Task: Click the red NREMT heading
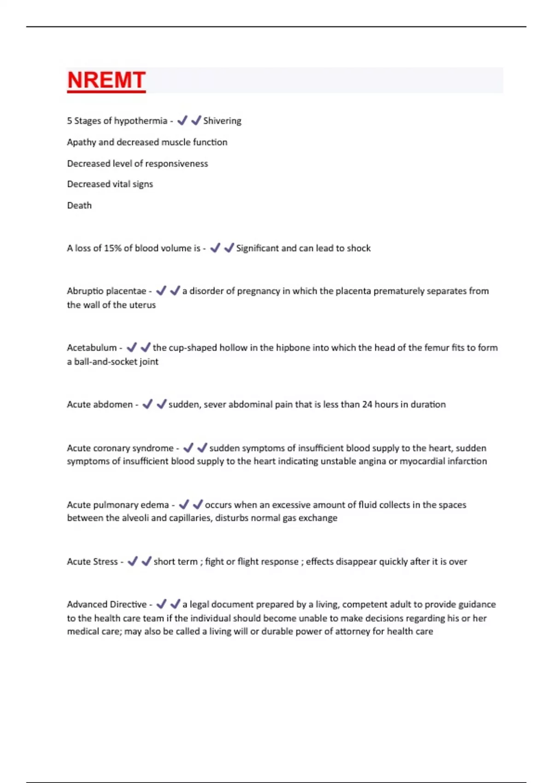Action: pyautogui.click(x=106, y=80)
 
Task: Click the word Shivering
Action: pyautogui.click(x=222, y=121)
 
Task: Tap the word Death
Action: pyautogui.click(x=79, y=205)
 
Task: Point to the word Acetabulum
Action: pyautogui.click(x=92, y=348)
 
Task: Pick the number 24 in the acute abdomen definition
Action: pyautogui.click(x=367, y=404)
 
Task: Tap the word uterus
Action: pyautogui.click(x=142, y=305)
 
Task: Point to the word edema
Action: pyautogui.click(x=155, y=505)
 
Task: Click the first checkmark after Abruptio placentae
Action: pyautogui.click(x=161, y=291)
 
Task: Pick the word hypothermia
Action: pyautogui.click(x=141, y=121)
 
